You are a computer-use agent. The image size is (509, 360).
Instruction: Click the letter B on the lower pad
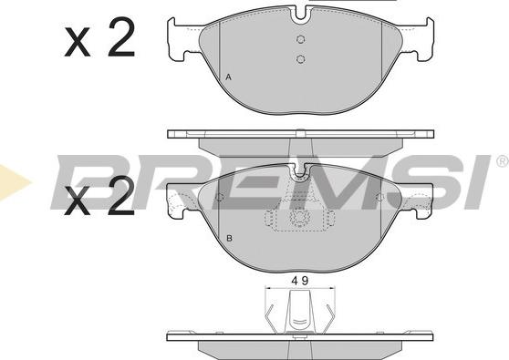point(228,241)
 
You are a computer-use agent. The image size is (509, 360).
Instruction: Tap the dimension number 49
point(297,281)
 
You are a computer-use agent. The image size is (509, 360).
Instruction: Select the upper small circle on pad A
point(301,39)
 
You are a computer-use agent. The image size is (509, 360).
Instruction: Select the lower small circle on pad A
point(301,59)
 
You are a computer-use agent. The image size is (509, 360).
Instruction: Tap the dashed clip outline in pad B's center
point(299,220)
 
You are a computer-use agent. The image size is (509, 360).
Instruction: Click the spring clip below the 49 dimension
point(298,314)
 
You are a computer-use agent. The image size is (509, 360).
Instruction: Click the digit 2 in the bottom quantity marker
point(119,198)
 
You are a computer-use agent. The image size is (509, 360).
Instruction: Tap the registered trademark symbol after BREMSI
point(501,161)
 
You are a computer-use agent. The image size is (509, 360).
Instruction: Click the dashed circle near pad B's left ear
point(219,196)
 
